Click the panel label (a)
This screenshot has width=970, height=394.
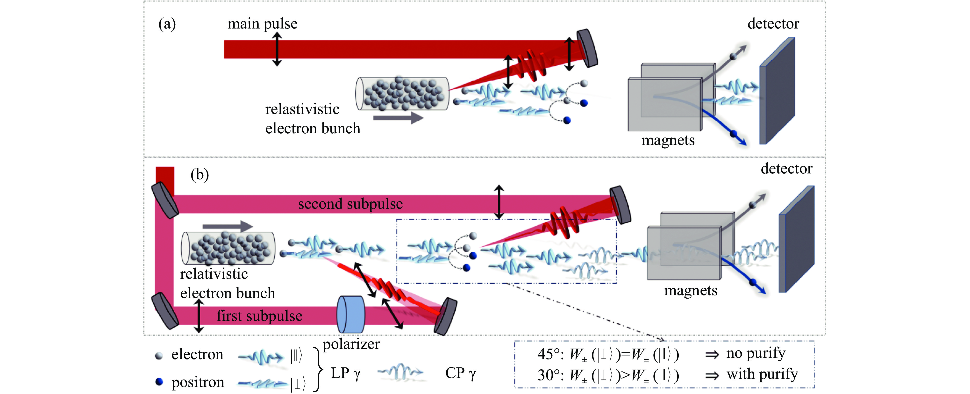pyautogui.click(x=167, y=24)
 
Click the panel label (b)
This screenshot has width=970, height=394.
pyautogui.click(x=199, y=175)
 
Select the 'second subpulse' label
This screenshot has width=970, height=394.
pyautogui.click(x=350, y=204)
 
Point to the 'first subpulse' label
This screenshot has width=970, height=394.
pyautogui.click(x=259, y=316)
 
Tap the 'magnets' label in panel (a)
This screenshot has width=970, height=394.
pyautogui.click(x=668, y=140)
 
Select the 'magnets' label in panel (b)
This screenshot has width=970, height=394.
pyautogui.click(x=690, y=290)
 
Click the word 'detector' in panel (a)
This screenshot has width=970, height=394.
pyautogui.click(x=773, y=24)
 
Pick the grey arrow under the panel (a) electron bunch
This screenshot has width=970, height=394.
pyautogui.click(x=398, y=118)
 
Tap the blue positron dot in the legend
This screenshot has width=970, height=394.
pyautogui.click(x=159, y=382)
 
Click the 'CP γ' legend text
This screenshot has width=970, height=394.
pyautogui.click(x=460, y=373)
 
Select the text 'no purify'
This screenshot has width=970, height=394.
pyautogui.click(x=756, y=353)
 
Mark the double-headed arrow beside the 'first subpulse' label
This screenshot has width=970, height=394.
pyautogui.click(x=199, y=316)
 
